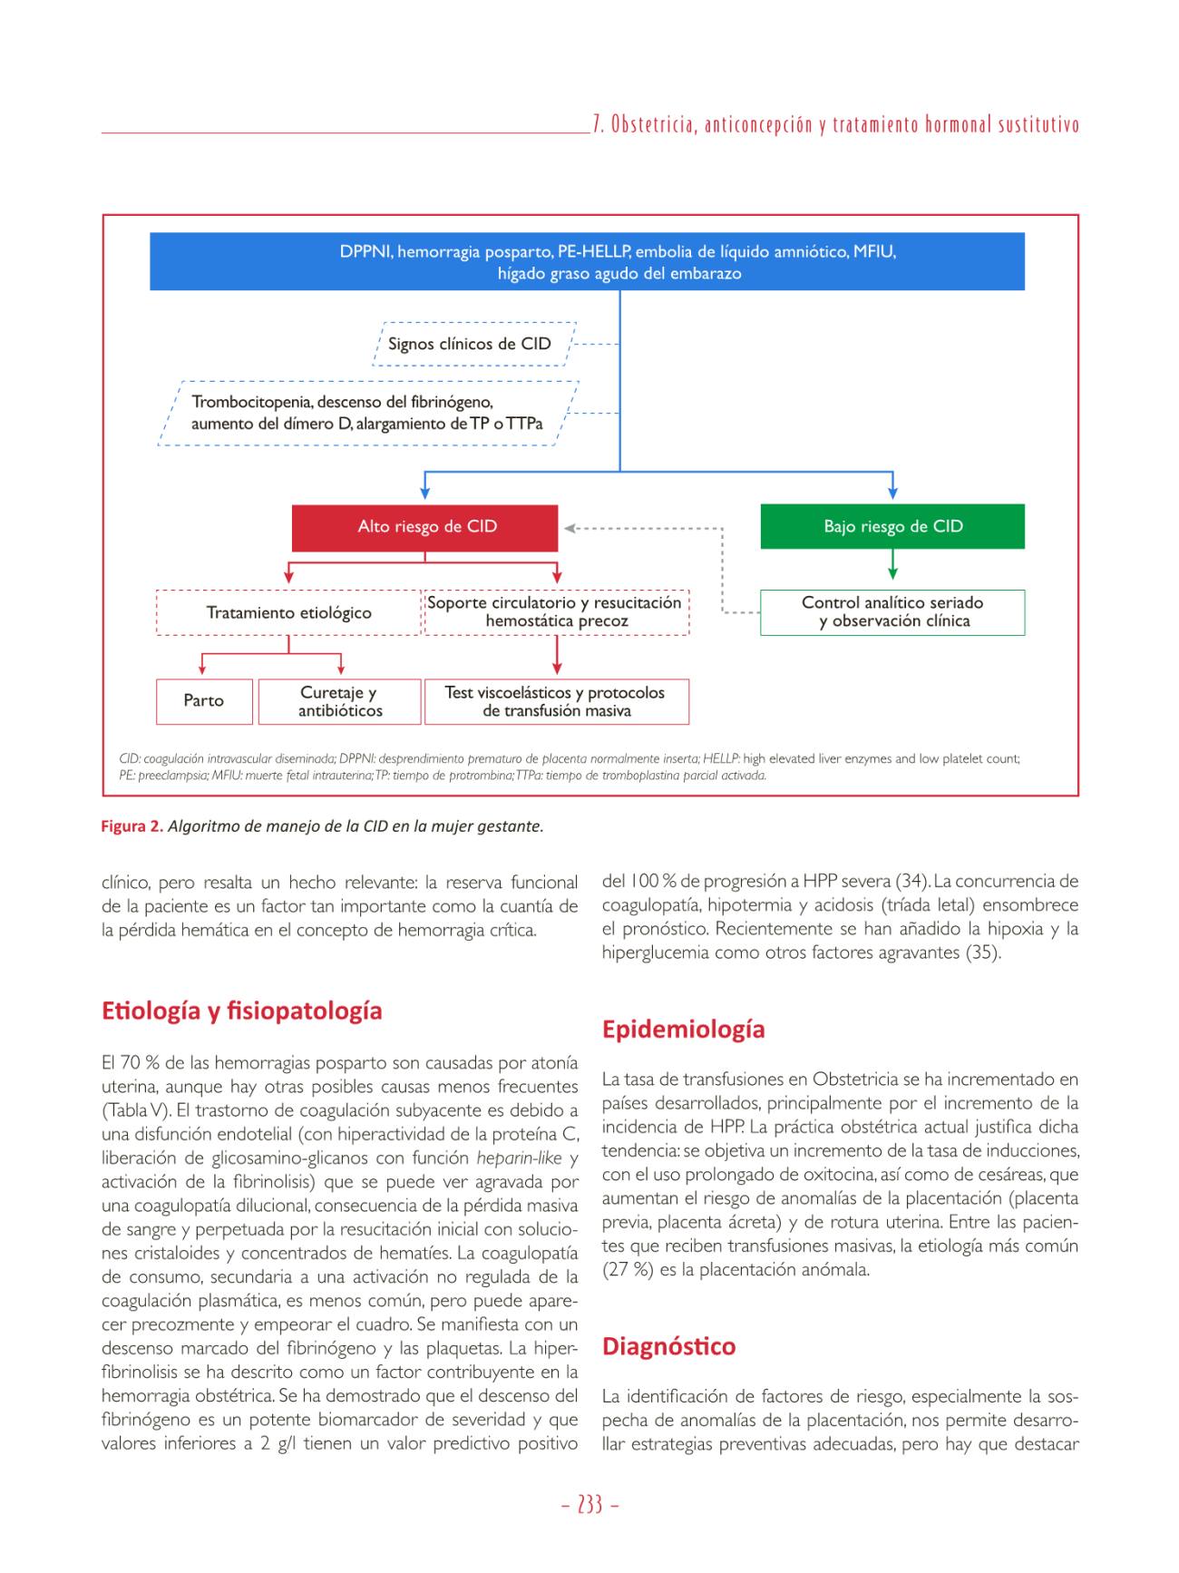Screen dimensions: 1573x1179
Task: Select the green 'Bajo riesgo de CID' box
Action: (892, 527)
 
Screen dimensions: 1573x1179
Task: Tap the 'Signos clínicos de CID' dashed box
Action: (470, 345)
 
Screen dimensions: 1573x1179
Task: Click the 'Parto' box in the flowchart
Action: (204, 701)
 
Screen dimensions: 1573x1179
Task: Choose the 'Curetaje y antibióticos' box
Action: (340, 701)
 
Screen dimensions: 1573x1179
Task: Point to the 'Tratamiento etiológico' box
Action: (288, 613)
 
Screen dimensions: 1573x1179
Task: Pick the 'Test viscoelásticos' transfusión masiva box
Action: (556, 701)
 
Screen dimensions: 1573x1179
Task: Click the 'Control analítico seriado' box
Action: (892, 612)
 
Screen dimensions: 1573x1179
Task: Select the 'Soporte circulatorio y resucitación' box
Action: (556, 612)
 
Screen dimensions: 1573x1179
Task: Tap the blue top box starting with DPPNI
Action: (587, 262)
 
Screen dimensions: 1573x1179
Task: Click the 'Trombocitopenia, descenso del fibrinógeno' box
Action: (367, 413)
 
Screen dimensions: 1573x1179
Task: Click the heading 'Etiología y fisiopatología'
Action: (241, 1011)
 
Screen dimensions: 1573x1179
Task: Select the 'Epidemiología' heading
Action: (683, 1030)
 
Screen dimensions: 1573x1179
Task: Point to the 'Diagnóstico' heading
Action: (668, 1346)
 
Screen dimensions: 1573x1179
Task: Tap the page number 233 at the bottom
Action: (589, 1506)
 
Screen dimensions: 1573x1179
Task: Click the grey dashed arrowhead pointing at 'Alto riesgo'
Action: (572, 528)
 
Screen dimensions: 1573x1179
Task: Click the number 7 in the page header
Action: (598, 125)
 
